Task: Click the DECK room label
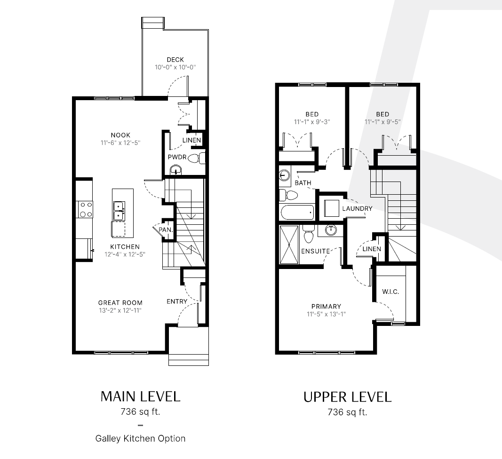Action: tap(175, 60)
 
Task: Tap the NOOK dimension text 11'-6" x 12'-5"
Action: tap(120, 143)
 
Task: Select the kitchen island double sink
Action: tap(119, 211)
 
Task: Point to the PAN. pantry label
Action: tap(166, 230)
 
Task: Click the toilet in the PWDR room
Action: tap(196, 158)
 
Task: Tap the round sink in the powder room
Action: tap(175, 170)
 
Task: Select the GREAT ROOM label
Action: tap(120, 303)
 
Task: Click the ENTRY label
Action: tap(177, 301)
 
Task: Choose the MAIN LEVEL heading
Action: tap(141, 396)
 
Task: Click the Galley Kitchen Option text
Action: tap(141, 438)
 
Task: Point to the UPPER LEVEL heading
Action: tap(347, 397)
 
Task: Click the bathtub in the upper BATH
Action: tap(297, 212)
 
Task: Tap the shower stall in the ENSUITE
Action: tap(289, 245)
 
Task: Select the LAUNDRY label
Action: tap(357, 209)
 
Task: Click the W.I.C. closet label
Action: tap(390, 292)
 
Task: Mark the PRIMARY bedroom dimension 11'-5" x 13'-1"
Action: tap(326, 314)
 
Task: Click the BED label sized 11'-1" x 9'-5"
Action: tap(382, 114)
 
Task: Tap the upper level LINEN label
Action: tap(372, 249)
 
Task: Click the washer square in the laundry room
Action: tap(332, 208)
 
